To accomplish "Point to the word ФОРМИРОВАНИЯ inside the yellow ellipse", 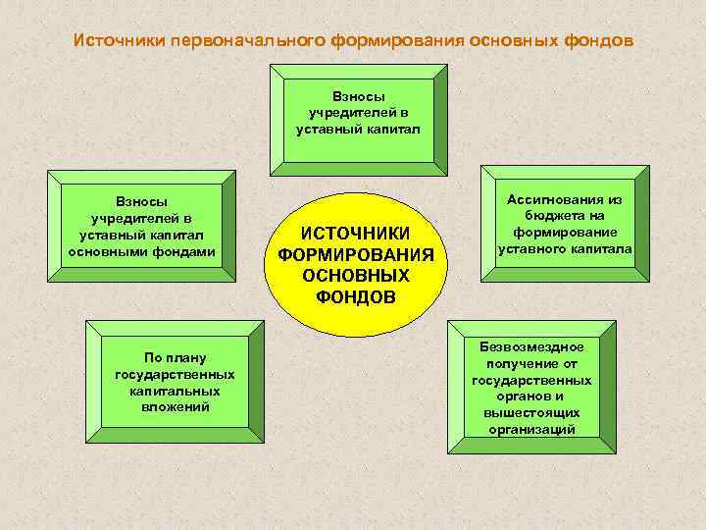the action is coord(356,255).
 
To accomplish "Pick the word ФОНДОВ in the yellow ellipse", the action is coord(356,296).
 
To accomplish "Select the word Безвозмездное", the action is coord(531,346).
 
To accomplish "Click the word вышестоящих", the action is coord(531,413).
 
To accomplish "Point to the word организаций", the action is coord(531,429).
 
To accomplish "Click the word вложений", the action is coord(175,406).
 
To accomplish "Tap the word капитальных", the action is coord(175,390).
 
